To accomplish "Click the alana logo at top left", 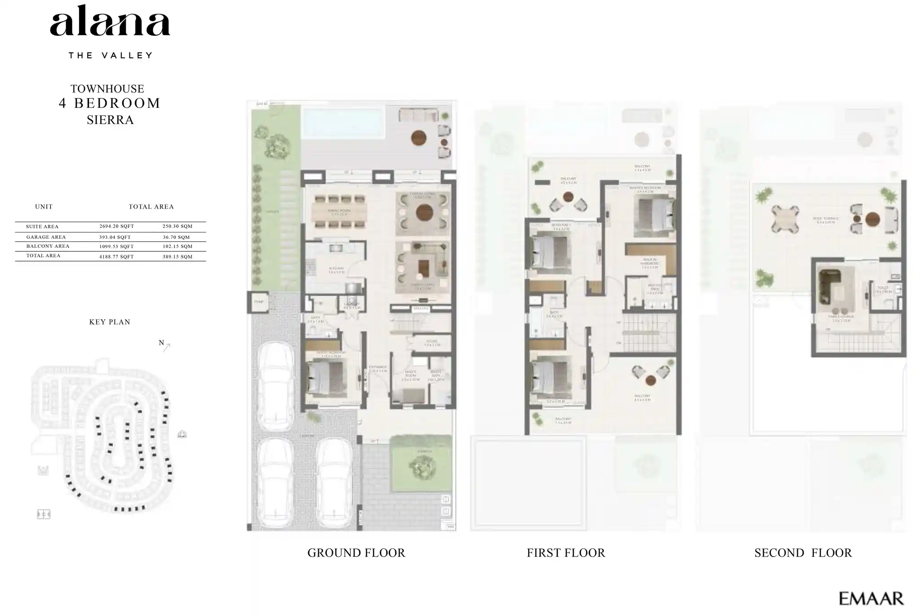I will point(110,22).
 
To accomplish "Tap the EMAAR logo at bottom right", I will point(871,598).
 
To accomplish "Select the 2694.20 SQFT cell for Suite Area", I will point(116,227).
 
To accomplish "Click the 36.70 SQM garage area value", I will point(176,237).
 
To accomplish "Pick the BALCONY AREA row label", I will point(48,246).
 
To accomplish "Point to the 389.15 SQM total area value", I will point(177,257).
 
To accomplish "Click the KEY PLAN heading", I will point(110,322).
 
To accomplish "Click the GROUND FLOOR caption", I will point(356,553).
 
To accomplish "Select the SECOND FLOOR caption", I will point(803,553).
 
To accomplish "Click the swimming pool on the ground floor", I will point(343,123).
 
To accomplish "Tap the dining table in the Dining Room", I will point(340,212).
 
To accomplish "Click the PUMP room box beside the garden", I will point(259,302).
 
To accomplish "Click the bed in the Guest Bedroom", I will point(325,377).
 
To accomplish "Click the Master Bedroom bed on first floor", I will point(654,217).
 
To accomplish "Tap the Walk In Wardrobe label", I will point(650,262).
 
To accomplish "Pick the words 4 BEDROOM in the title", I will point(110,103).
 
